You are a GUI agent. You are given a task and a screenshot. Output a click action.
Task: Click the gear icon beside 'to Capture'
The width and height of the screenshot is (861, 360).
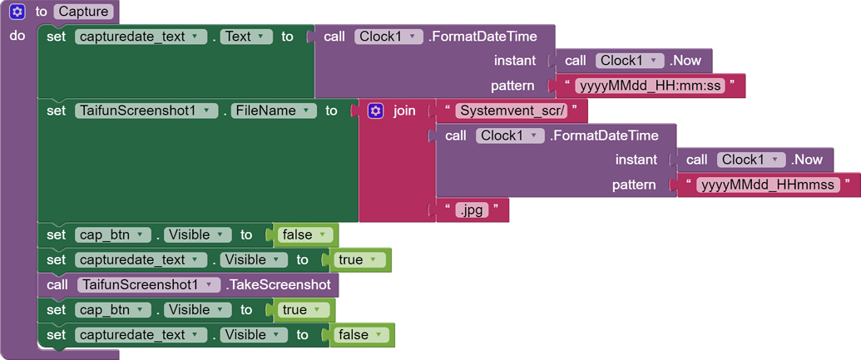tap(17, 12)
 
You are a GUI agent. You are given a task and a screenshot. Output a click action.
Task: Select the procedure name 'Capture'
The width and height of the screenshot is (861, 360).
tap(83, 12)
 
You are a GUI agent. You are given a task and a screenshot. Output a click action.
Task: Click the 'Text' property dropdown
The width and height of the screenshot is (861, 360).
tap(246, 37)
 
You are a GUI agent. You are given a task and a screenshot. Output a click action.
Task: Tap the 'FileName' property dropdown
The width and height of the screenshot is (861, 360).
tap(274, 111)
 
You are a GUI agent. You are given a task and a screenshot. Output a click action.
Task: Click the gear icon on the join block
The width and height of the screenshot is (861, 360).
tap(375, 111)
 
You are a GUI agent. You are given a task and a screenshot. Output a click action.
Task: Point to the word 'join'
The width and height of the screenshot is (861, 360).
tap(404, 111)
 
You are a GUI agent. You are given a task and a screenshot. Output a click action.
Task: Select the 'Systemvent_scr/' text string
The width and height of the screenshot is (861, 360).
tap(511, 111)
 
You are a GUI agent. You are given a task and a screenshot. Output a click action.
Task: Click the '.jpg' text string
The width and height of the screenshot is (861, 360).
tap(472, 210)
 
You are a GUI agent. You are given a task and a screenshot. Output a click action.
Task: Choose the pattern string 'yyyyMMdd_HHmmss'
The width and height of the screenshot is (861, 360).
tap(767, 185)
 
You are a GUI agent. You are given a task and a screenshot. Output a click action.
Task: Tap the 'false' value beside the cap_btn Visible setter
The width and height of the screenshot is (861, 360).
tap(303, 235)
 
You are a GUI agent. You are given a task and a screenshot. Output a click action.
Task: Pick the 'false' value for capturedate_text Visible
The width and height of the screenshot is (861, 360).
tap(359, 334)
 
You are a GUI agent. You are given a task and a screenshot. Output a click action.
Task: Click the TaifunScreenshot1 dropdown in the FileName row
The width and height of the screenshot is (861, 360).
tap(146, 111)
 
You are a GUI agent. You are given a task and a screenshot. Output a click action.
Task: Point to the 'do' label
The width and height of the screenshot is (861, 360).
tap(17, 36)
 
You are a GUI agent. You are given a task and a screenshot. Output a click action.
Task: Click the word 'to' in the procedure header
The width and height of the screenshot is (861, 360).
tap(42, 12)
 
